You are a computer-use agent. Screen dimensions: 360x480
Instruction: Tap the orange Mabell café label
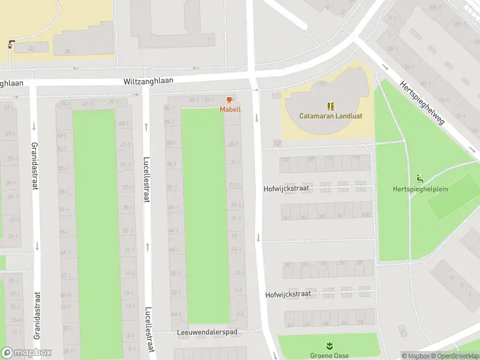(230, 109)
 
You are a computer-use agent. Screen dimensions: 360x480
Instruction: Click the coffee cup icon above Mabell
(230, 100)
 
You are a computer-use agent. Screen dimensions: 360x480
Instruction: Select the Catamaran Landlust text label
(331, 116)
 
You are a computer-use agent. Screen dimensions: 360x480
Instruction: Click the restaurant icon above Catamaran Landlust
(331, 106)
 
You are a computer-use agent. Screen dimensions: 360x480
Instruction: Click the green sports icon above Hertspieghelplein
(419, 178)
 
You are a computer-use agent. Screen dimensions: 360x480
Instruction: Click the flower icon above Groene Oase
(328, 346)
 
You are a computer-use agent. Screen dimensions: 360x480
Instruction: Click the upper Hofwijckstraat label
(286, 188)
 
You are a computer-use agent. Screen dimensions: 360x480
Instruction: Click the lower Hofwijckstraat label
(287, 295)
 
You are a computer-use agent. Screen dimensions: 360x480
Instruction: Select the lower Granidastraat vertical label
(37, 316)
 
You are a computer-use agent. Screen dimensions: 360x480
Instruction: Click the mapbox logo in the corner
(26, 353)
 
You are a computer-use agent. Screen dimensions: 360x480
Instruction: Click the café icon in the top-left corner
(11, 44)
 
